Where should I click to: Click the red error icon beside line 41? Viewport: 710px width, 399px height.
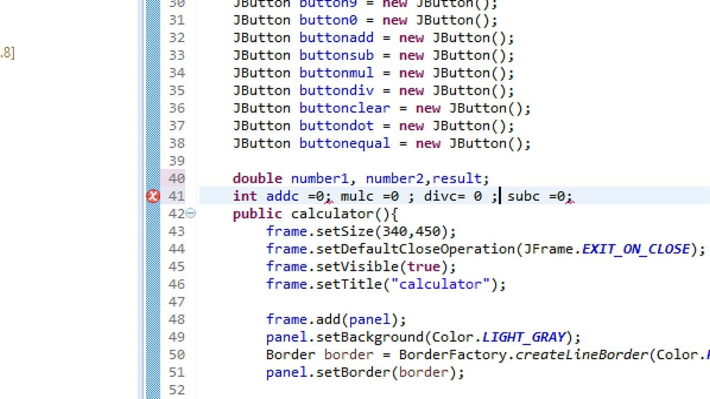tap(153, 196)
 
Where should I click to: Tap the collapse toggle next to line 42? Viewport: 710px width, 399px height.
tap(190, 213)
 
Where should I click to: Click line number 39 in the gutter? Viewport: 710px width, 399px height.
tap(176, 161)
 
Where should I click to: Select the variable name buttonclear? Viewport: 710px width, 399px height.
tap(345, 108)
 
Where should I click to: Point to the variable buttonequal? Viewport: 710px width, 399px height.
tap(345, 144)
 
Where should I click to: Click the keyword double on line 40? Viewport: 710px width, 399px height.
tap(257, 178)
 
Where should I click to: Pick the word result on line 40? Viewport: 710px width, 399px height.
tap(457, 178)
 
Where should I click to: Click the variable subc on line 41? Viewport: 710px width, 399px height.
tap(523, 196)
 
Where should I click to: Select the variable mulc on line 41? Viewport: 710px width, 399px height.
tap(357, 196)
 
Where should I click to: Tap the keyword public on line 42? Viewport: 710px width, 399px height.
tap(257, 214)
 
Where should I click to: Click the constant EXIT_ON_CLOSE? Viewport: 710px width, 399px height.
tap(636, 249)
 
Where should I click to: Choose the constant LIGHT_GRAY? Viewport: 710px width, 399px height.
tap(524, 337)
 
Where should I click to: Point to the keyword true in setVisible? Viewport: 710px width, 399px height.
tap(424, 267)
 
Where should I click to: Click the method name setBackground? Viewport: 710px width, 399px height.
tap(369, 337)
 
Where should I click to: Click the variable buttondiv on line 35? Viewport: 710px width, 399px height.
tap(337, 90)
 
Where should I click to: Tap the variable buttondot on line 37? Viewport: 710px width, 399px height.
tap(337, 126)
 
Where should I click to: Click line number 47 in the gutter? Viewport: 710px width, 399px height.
tap(176, 301)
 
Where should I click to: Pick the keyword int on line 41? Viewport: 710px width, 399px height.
tap(245, 196)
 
